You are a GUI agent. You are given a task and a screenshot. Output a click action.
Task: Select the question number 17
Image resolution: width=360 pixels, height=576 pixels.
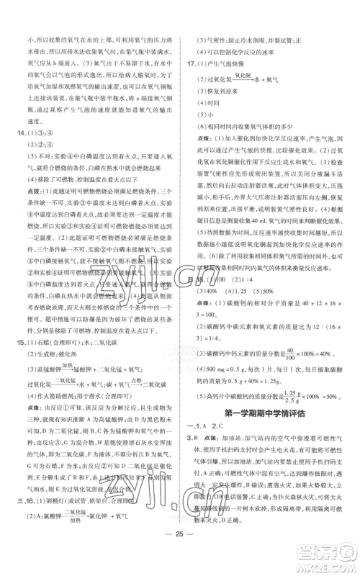click(191, 64)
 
